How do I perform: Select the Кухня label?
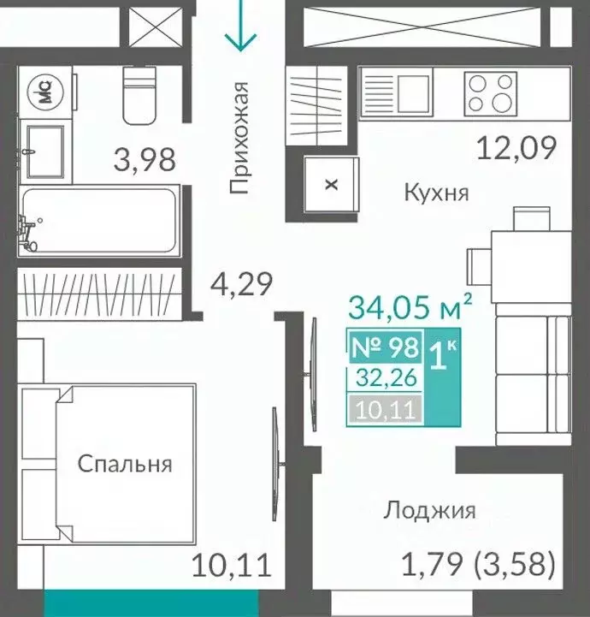coord(436,193)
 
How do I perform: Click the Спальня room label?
coord(125,464)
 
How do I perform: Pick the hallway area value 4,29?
coord(242,283)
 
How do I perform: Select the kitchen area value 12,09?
coord(516,148)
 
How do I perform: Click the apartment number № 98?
coord(386,347)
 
